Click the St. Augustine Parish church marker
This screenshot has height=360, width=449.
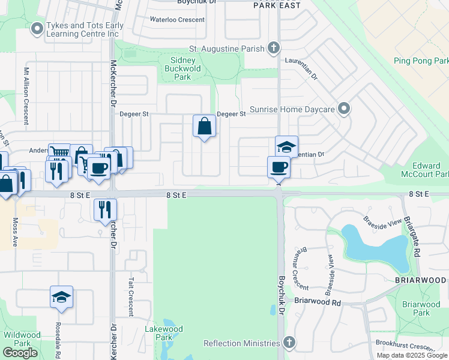click(274, 47)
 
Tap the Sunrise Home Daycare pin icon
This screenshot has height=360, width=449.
click(344, 109)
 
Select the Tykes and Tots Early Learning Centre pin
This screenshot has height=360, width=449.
click(37, 28)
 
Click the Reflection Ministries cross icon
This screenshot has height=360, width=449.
click(289, 343)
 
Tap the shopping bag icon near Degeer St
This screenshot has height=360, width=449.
click(204, 126)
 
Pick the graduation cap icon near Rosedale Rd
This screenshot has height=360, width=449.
click(61, 297)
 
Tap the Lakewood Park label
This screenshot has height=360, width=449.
click(163, 333)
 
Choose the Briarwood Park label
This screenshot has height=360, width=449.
click(421, 308)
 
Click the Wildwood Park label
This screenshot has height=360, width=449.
click(22, 339)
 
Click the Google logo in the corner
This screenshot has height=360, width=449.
click(20, 353)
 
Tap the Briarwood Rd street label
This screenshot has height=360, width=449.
click(318, 303)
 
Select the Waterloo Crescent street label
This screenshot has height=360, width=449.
click(176, 19)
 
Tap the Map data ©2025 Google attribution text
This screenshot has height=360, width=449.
click(412, 355)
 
